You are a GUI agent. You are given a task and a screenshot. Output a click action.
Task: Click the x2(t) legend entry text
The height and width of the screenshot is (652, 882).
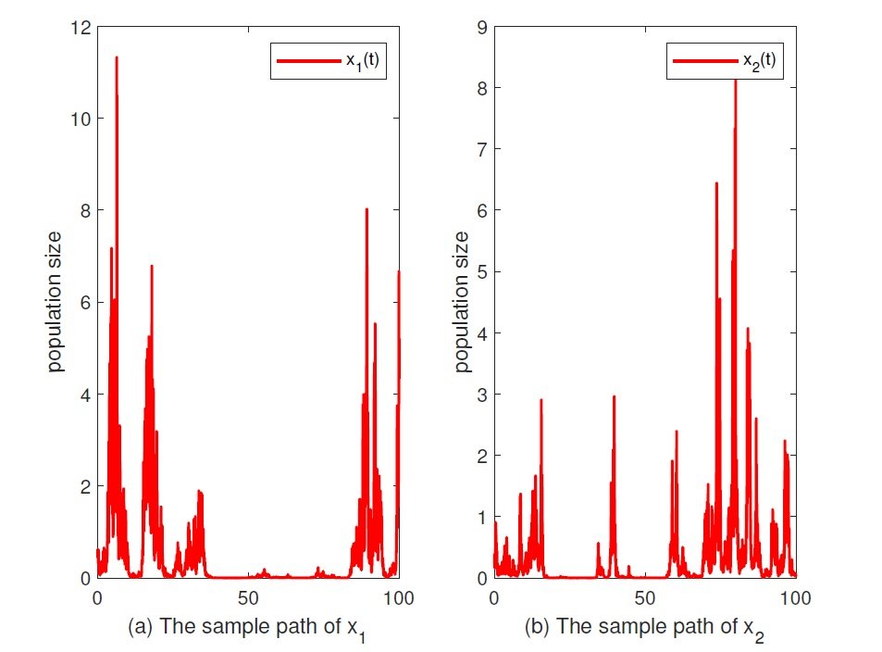755,62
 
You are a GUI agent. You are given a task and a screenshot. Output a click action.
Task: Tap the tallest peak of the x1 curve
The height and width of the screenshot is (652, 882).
117,58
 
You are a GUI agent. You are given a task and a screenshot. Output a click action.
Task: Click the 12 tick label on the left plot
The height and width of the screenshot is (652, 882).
79,28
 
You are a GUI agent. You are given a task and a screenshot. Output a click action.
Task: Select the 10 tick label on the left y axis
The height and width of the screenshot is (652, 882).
79,119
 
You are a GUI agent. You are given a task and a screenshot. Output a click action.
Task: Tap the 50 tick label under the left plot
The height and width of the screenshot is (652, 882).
247,597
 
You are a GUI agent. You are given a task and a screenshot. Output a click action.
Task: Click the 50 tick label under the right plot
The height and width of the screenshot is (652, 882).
644,597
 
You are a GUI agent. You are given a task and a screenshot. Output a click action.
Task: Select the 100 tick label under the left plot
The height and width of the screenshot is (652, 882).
398,597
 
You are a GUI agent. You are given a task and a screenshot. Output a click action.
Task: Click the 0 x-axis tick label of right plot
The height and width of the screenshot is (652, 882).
494,597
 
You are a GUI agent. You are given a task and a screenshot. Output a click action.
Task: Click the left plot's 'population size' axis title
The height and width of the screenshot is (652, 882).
56,302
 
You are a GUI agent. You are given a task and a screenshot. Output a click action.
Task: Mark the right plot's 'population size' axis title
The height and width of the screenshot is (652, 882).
460,302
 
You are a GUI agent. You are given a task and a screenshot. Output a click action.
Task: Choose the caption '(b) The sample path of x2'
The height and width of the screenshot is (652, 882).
644,627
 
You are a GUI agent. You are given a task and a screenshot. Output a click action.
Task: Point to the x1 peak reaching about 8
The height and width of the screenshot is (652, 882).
366,210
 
